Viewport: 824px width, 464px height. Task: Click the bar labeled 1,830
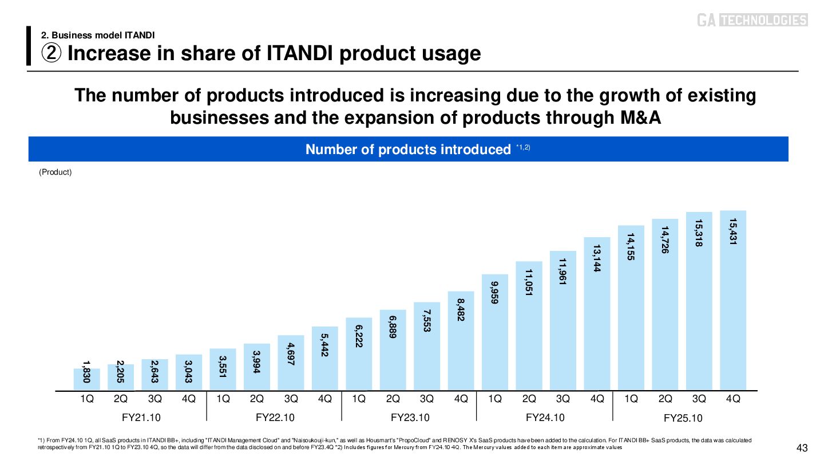87,379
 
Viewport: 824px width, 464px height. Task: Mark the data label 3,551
223,367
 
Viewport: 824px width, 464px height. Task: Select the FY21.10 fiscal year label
138,417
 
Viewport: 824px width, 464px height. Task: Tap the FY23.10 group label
410,417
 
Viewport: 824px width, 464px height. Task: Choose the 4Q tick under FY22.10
324,399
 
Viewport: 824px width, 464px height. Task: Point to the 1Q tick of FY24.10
495,399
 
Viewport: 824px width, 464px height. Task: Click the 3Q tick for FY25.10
699,399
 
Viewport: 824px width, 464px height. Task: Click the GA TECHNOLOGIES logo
752,21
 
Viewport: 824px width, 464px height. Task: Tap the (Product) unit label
55,172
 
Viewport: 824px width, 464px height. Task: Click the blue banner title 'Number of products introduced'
408,150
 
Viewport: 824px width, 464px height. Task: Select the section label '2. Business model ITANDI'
98,35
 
